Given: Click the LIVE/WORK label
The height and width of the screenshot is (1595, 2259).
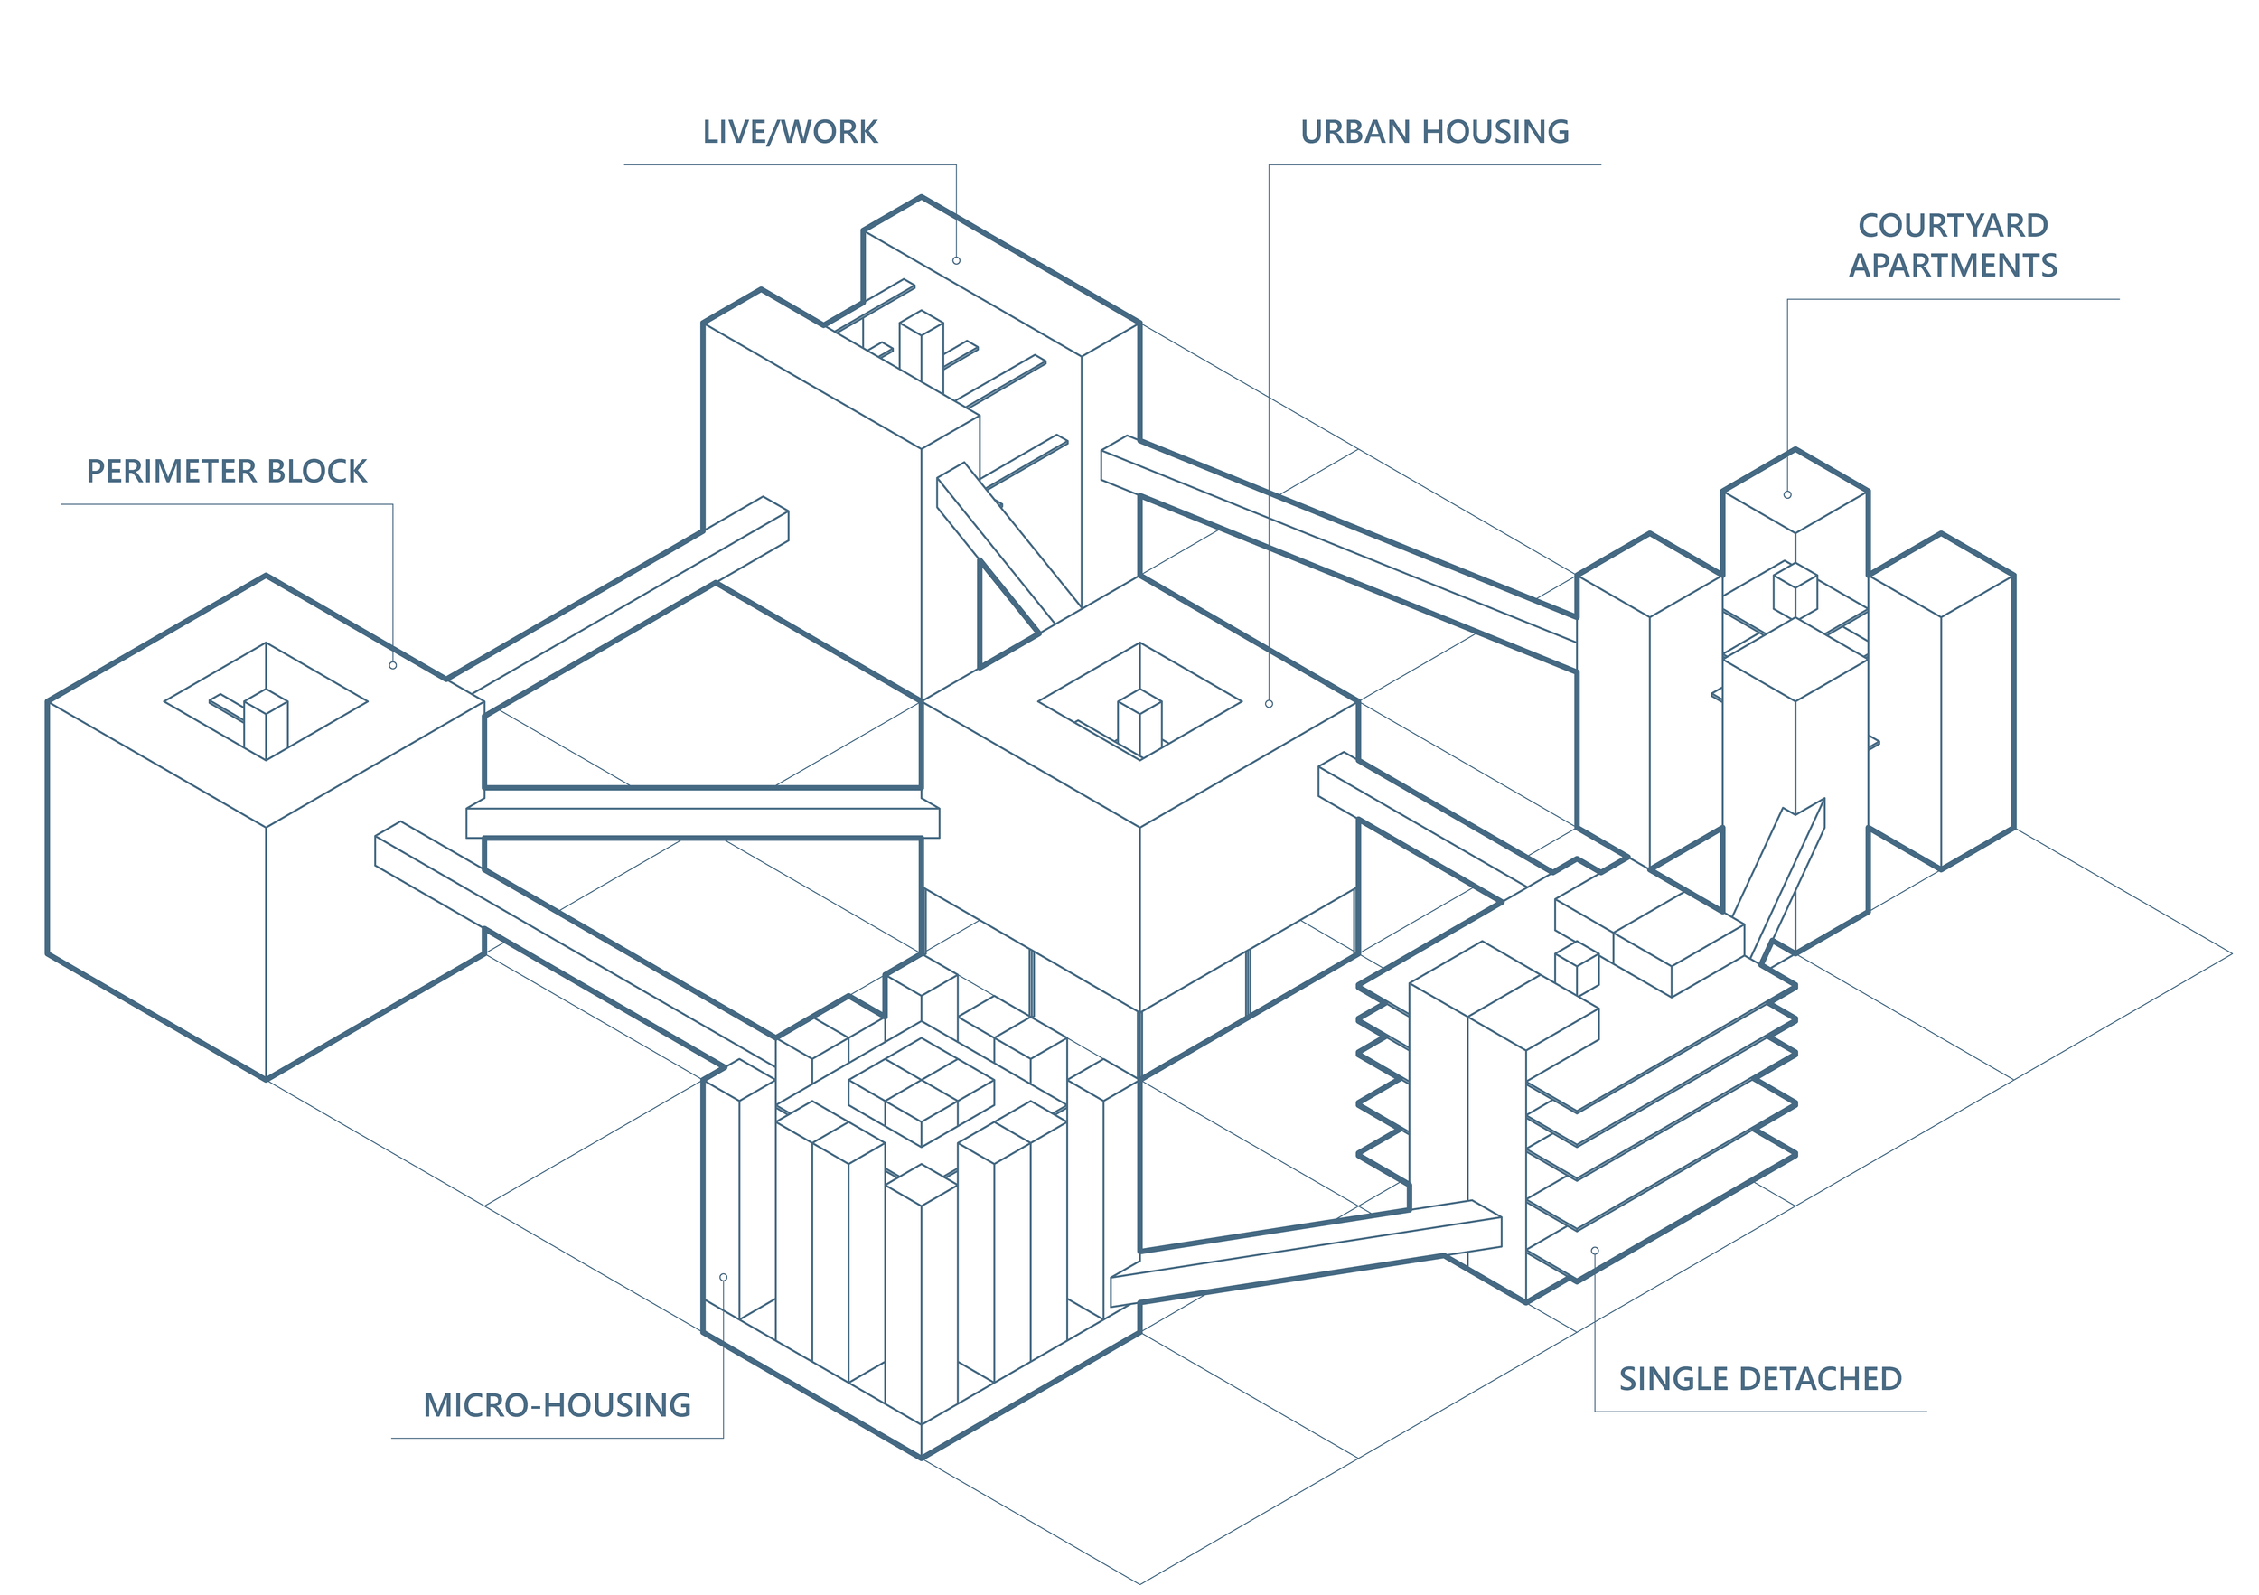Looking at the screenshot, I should coord(789,132).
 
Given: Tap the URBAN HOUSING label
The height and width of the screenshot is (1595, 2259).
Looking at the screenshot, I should coord(1435,132).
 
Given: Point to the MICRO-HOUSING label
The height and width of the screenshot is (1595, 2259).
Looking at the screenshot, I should coord(557,1405).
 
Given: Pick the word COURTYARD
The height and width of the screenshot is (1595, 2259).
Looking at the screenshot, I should coord(1953,225).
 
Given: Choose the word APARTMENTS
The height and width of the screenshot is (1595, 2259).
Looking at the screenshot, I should coord(1953,266).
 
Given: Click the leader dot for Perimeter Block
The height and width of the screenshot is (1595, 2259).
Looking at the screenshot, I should coord(392,665).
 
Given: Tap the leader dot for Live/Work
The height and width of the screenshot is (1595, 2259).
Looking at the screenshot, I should coord(955,261).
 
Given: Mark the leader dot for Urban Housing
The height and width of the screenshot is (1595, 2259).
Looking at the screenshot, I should coord(1269,704).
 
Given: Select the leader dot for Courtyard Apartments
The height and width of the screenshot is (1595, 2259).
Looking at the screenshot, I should coord(1786,495).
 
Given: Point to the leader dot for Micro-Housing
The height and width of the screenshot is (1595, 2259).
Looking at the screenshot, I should coord(723,1277).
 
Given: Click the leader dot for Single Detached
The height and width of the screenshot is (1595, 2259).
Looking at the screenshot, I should coord(1594,1251).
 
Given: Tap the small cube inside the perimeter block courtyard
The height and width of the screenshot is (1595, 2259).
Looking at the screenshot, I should coord(266,723).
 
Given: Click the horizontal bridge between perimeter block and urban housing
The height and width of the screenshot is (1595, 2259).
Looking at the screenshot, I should coord(702,821).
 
